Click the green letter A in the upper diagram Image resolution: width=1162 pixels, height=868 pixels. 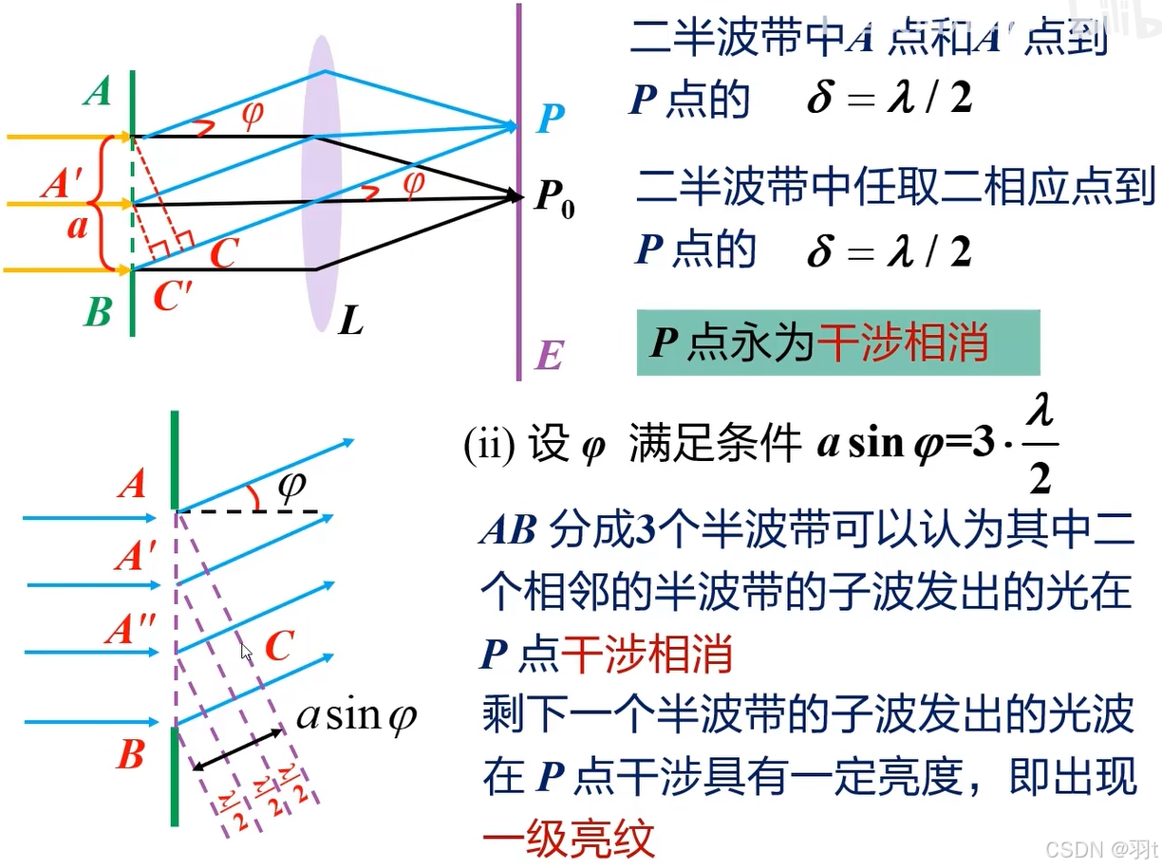pos(97,92)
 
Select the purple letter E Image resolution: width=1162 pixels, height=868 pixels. pos(550,357)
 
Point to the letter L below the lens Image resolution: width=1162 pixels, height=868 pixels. pos(351,323)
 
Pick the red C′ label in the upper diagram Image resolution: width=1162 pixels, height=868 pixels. pos(173,299)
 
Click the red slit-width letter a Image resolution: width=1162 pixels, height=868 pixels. pos(77,229)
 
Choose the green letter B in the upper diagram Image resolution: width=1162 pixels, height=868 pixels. pos(98,311)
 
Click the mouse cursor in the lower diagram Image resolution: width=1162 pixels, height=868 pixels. pos(246,652)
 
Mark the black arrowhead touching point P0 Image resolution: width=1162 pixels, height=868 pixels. pos(515,196)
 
